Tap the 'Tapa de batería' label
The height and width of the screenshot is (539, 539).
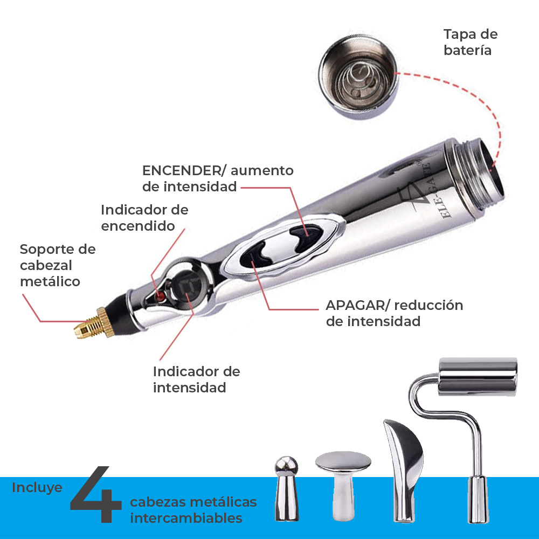[470, 42]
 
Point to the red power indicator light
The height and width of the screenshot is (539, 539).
[160, 296]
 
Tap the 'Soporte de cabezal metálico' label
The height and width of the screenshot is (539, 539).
[57, 265]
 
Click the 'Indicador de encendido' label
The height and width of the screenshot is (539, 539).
[144, 217]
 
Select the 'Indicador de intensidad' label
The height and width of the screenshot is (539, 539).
[196, 379]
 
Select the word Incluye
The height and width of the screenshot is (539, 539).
[37, 487]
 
